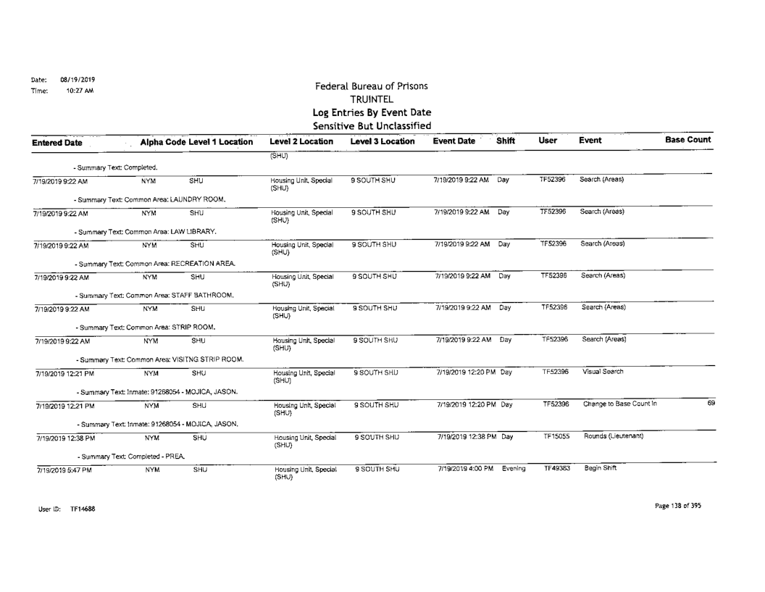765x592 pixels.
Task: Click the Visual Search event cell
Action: click(602, 370)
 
